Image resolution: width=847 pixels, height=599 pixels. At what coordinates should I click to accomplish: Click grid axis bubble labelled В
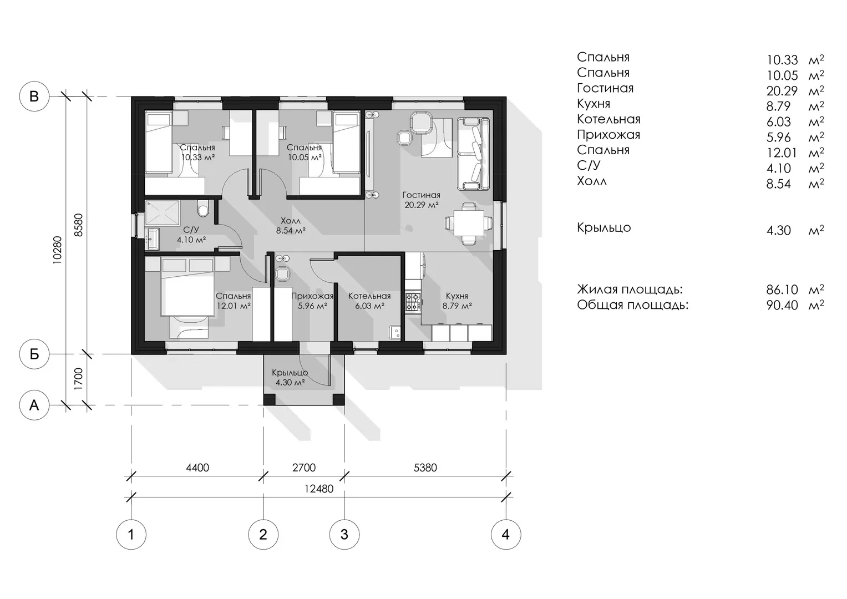pyautogui.click(x=34, y=96)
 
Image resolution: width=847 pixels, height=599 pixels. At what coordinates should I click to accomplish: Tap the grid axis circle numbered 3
pyautogui.click(x=344, y=534)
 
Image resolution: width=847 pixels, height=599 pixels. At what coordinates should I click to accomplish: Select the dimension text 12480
pyautogui.click(x=319, y=489)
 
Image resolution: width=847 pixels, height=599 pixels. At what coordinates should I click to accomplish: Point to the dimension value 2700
pyautogui.click(x=303, y=468)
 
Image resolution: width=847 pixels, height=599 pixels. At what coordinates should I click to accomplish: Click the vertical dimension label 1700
pyautogui.click(x=78, y=379)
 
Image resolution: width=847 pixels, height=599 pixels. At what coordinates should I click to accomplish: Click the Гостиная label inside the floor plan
pyautogui.click(x=421, y=195)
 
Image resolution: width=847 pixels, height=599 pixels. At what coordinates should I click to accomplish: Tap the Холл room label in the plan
pyautogui.click(x=291, y=221)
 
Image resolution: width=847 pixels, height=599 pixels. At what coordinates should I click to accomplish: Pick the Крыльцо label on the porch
pyautogui.click(x=290, y=373)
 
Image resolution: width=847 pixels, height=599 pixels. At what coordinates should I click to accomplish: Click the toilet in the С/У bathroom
pyautogui.click(x=204, y=209)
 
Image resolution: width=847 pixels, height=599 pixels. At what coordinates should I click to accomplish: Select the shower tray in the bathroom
pyautogui.click(x=162, y=213)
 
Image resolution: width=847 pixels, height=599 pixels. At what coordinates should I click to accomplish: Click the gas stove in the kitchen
pyautogui.click(x=413, y=302)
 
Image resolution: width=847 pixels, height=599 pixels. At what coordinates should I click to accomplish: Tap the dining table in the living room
pyautogui.click(x=469, y=224)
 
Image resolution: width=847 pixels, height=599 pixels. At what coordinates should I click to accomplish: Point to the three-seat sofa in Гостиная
pyautogui.click(x=473, y=154)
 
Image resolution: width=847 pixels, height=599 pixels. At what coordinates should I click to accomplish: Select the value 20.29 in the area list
pyautogui.click(x=782, y=91)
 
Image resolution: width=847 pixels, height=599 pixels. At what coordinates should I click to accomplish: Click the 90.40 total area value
pyautogui.click(x=782, y=305)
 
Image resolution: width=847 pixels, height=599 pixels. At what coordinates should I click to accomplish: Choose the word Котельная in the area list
pyautogui.click(x=608, y=119)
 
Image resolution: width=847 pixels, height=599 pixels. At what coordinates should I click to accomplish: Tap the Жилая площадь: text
pyautogui.click(x=630, y=290)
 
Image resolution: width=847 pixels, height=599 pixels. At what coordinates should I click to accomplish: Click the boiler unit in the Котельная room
pyautogui.click(x=394, y=332)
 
